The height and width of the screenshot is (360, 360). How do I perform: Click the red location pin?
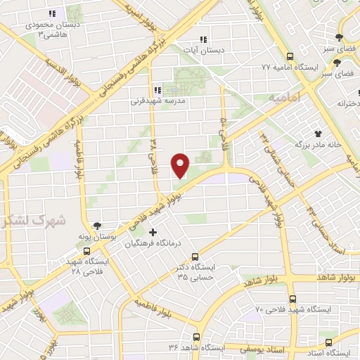[x=181, y=165]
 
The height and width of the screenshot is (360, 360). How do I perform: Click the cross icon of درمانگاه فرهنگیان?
[x=153, y=231]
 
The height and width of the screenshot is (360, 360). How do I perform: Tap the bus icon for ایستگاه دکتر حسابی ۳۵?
[x=195, y=257]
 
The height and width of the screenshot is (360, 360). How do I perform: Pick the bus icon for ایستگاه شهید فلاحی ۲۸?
[x=87, y=250]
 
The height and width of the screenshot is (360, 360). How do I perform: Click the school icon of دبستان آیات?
[x=203, y=39]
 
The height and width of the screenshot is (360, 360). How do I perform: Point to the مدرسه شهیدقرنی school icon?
[x=157, y=90]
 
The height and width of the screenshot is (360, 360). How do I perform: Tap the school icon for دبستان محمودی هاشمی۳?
[x=51, y=13]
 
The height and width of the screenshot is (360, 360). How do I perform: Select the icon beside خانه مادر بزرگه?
[x=319, y=133]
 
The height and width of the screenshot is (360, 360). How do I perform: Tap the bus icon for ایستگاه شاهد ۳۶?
[x=197, y=337]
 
